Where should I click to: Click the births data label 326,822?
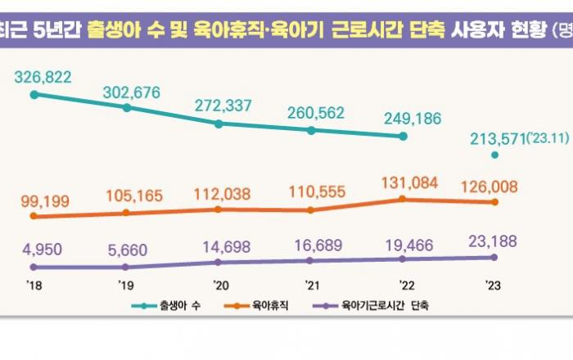[43, 78]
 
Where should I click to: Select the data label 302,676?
[134, 92]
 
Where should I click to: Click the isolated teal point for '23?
[494, 155]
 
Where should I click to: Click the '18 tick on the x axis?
[34, 285]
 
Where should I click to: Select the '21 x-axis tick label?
[311, 285]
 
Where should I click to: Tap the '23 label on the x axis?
[494, 285]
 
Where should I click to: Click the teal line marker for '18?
[34, 95]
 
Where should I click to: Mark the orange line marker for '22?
[402, 199]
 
